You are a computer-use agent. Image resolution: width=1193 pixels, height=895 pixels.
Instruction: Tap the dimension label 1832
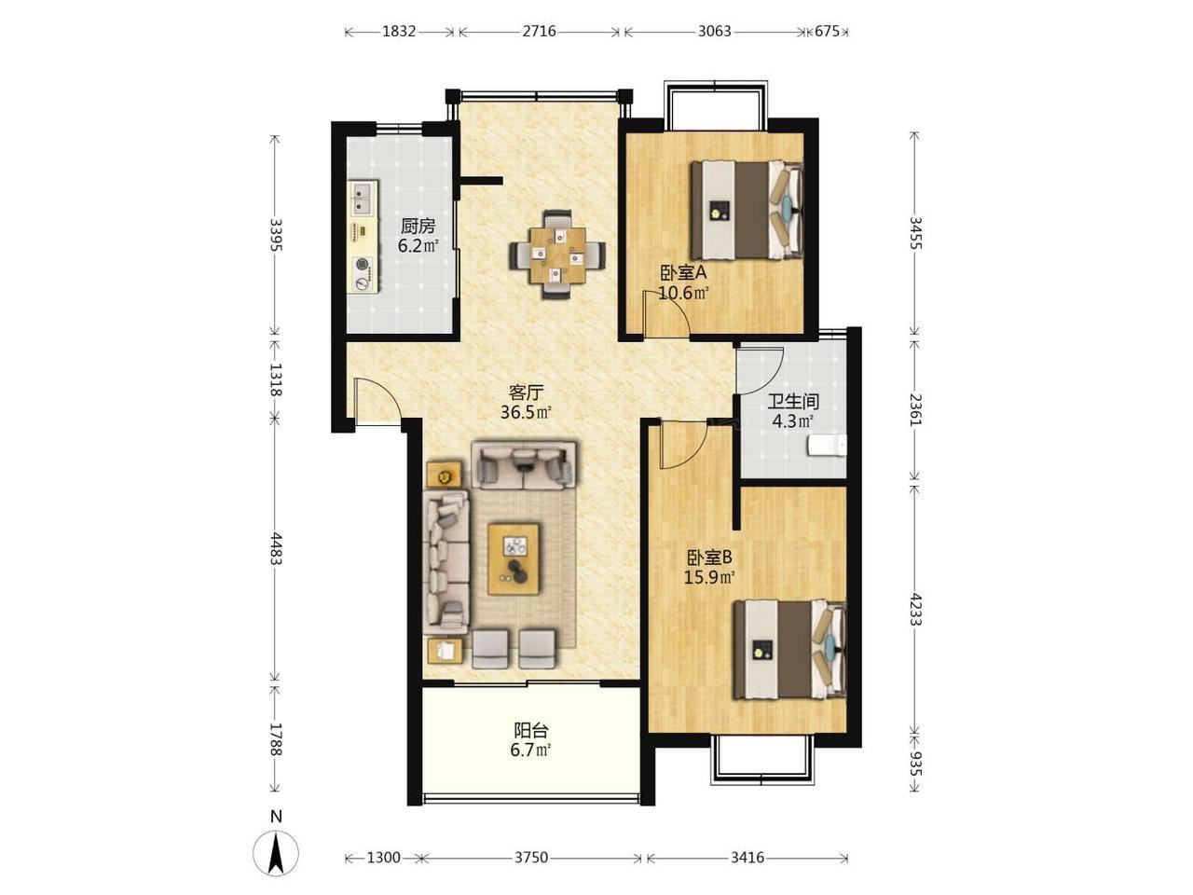399,32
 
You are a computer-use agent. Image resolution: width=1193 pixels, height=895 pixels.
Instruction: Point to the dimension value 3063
714,32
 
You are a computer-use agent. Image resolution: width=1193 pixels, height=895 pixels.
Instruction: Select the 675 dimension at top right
827,32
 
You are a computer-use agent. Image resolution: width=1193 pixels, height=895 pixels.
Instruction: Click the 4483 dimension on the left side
276,549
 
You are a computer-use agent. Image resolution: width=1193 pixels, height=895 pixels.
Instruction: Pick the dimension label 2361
915,408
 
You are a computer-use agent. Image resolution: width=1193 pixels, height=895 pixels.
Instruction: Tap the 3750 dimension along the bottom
531,858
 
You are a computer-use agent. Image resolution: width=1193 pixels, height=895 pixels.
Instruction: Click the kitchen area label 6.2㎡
418,245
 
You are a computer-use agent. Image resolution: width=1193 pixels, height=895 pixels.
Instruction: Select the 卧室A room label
683,273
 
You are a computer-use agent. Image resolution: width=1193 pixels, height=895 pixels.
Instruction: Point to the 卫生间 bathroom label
793,402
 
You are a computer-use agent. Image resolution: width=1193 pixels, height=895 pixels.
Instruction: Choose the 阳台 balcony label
531,730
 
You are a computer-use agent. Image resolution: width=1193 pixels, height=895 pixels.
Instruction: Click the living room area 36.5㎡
526,412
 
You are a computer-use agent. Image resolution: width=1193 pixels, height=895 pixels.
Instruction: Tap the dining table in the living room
558,255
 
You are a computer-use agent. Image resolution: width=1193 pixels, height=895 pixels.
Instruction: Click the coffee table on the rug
514,558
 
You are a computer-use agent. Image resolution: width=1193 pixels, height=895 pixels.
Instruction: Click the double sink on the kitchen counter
363,199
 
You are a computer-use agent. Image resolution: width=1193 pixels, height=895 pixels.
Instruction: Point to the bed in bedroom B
790,649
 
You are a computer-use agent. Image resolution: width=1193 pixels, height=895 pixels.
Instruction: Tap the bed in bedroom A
747,209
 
